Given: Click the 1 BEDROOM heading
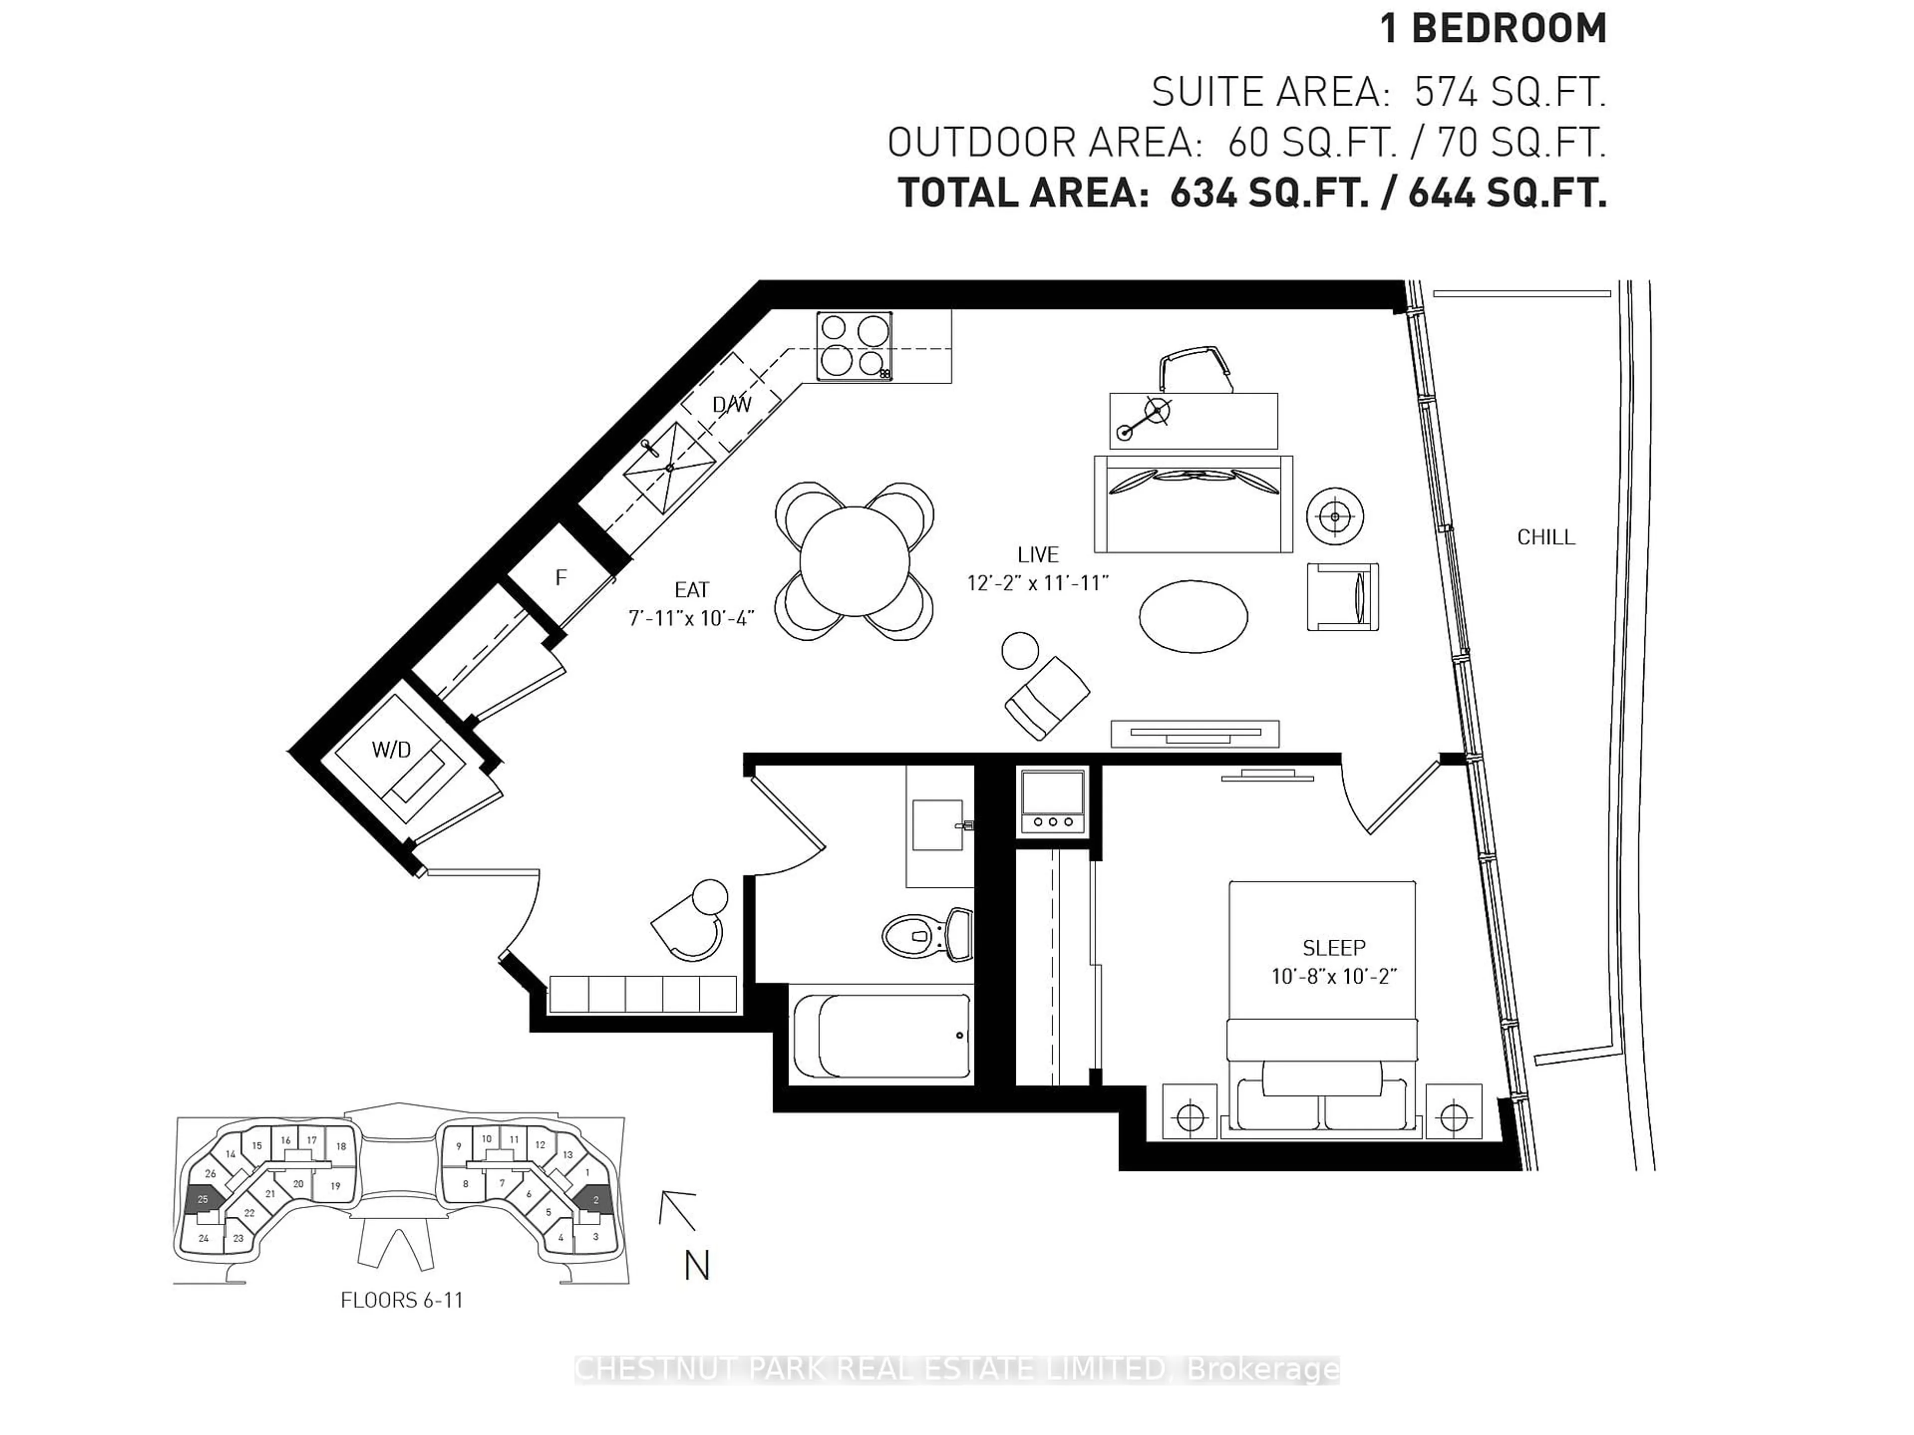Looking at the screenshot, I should pos(1493,28).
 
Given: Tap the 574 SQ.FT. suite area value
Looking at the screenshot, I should pos(1509,92).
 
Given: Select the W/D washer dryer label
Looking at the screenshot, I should pos(391,750).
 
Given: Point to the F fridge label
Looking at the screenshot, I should pos(561,577).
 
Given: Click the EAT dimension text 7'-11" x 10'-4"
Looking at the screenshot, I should pos(691,617).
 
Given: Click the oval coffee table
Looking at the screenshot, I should pos(1193,616).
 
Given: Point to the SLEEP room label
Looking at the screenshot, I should pos(1333,947).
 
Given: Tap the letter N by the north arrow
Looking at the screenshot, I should pos(696,1266).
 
